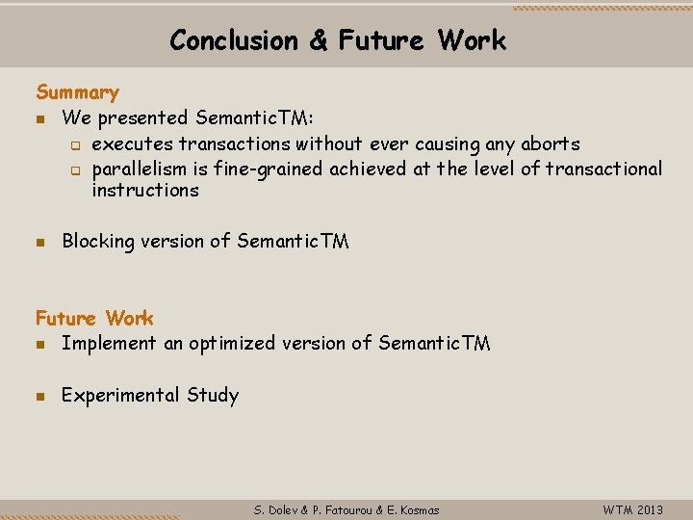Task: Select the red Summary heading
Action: coord(77,92)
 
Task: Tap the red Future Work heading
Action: coord(94,318)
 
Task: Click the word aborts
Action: coord(551,144)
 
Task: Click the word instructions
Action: coord(145,190)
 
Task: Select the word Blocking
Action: coord(98,242)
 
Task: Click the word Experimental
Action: coord(120,395)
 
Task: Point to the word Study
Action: coord(213,395)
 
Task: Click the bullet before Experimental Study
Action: coord(40,396)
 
